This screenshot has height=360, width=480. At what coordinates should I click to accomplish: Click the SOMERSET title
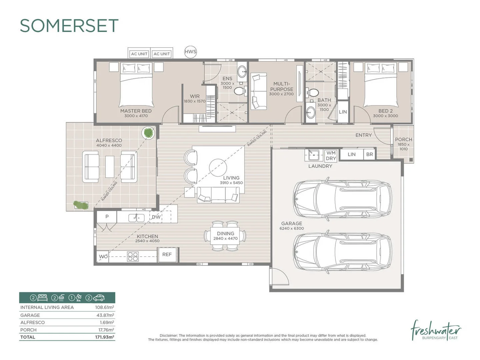[x=69, y=26]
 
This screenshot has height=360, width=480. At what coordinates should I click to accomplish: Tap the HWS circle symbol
[x=190, y=52]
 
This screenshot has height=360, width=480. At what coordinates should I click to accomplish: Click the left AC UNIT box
[x=139, y=54]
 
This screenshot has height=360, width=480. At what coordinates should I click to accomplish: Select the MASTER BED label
[x=136, y=111]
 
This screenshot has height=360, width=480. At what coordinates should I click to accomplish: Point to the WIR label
[x=195, y=96]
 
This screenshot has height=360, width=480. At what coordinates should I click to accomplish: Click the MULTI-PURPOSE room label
[x=282, y=87]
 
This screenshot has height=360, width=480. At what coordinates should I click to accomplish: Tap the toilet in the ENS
[x=239, y=91]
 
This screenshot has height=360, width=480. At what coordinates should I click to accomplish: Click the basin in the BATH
[x=310, y=113]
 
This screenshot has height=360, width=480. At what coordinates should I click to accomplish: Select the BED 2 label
[x=385, y=111]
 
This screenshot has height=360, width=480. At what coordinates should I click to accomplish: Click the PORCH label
[x=403, y=140]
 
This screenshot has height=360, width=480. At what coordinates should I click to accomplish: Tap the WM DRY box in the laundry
[x=331, y=156]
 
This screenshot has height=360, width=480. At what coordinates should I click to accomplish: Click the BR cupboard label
[x=369, y=154]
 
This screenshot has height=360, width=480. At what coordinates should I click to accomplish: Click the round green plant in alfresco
[x=148, y=133]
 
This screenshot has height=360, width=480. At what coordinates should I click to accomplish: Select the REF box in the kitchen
[x=167, y=255]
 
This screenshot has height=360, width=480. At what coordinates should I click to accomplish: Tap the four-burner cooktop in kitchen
[x=133, y=256]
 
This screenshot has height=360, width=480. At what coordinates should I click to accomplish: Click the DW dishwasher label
[x=156, y=217]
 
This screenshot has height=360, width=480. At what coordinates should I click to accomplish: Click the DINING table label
[x=225, y=234]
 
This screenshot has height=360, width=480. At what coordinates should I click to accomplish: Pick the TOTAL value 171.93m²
[x=104, y=337]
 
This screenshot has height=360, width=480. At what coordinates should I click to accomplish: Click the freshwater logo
[x=436, y=331]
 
